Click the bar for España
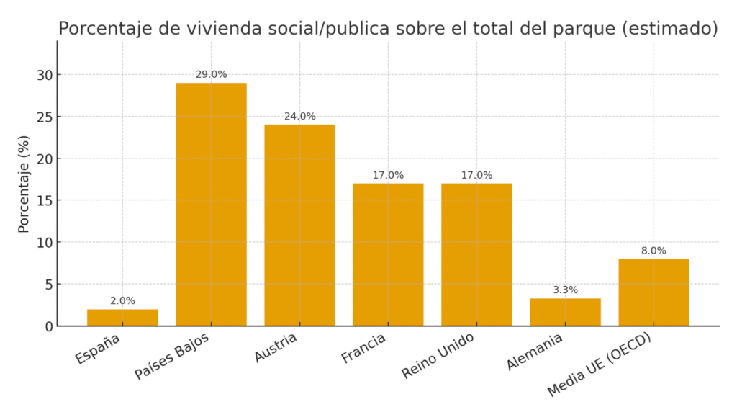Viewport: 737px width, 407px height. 122,318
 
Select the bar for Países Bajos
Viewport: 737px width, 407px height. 211,205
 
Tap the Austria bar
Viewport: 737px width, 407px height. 299,225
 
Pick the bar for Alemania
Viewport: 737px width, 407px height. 565,312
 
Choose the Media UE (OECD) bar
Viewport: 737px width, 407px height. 654,292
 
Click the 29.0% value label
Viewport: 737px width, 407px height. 211,74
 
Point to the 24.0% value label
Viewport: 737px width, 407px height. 299,116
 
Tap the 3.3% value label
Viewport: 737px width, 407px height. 565,290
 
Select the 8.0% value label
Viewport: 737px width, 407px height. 654,251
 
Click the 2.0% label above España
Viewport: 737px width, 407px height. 122,301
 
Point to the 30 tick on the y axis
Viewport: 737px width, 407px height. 45,75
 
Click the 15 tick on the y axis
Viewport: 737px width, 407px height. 45,200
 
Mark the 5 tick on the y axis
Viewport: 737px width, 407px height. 48,285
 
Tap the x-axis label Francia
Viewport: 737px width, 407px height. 364,348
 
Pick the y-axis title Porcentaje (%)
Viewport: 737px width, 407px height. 24,184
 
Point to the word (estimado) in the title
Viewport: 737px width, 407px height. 669,29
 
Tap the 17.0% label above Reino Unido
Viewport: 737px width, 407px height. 476,175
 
